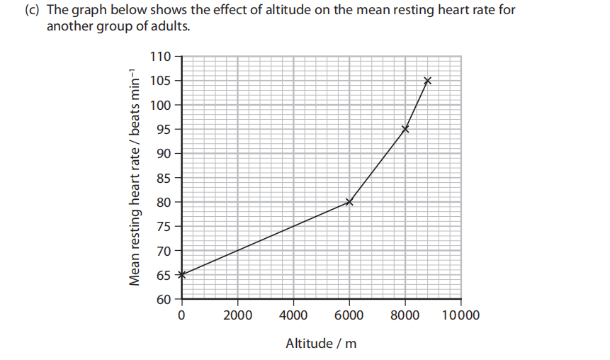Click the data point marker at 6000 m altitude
tap(349, 202)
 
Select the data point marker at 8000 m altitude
tap(405, 129)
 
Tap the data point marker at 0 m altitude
tap(181, 274)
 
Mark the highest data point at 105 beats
tap(427, 81)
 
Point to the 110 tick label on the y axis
tap(162, 57)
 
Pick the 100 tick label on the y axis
tap(162, 105)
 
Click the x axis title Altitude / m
tap(321, 344)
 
